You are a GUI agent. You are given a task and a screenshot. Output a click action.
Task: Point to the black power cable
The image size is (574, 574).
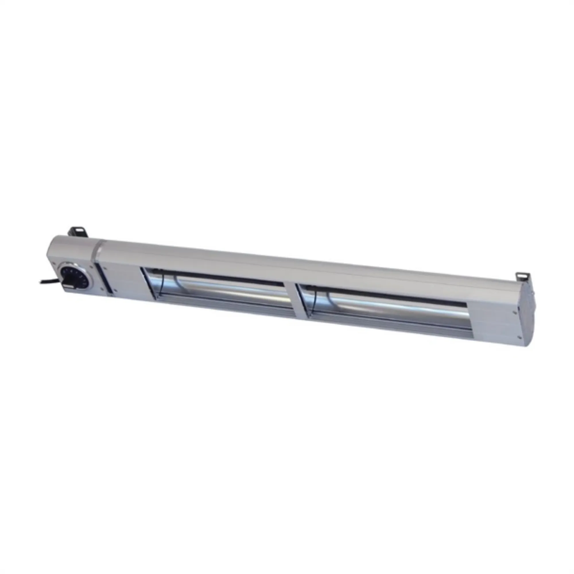point(48,281)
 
